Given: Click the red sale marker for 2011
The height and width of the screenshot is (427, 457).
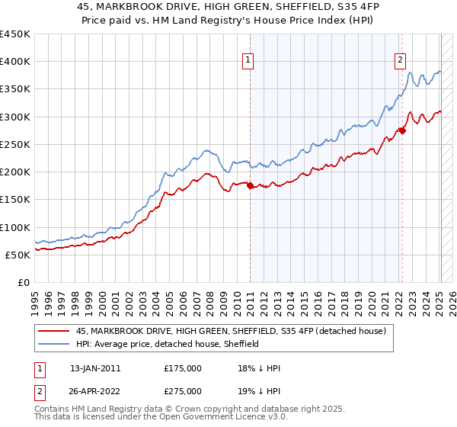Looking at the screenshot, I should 251,185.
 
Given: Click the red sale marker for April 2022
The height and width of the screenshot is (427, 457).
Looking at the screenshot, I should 402,130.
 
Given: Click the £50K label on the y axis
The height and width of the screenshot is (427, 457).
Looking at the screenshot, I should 18,255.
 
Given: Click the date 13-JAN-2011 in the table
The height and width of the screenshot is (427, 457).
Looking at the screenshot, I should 94,368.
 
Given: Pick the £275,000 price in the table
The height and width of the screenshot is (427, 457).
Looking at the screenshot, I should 183,390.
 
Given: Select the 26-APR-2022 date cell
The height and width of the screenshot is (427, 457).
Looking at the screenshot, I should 94,390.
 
